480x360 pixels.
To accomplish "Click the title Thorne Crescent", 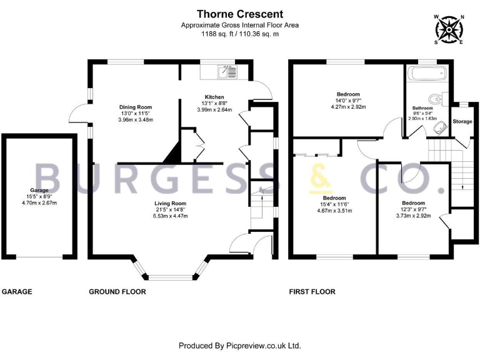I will [240, 14].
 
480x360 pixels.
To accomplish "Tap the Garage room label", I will [39, 189].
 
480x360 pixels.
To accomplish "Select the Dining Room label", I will [136, 107].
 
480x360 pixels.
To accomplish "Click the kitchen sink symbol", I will [226, 72].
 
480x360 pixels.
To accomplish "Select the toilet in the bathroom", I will [436, 98].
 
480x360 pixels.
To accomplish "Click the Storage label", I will [462, 121].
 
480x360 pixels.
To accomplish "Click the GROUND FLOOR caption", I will [117, 292].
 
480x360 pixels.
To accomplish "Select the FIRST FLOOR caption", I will [312, 292].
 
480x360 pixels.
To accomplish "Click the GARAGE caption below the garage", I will [17, 292].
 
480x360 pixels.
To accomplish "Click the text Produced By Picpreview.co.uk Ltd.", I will [240, 346].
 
